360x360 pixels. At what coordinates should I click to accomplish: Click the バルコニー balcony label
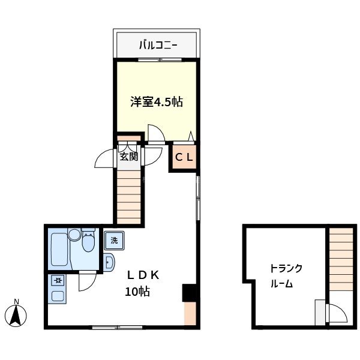(157, 44)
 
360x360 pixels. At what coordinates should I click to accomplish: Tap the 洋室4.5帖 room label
(157, 102)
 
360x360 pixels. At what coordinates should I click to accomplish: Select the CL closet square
(184, 158)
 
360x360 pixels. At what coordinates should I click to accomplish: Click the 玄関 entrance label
(128, 157)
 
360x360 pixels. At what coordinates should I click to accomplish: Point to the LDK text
(142, 275)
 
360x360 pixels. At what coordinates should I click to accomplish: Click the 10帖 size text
(137, 292)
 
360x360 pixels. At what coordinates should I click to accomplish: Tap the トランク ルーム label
(286, 276)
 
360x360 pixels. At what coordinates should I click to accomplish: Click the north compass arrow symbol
(17, 314)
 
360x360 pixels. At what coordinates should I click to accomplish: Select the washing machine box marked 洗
(114, 241)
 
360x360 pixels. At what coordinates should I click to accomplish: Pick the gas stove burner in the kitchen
(58, 280)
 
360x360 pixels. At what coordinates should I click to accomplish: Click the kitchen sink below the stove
(58, 295)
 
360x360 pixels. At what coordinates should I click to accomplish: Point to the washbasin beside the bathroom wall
(110, 262)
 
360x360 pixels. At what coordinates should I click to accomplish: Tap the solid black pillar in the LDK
(190, 292)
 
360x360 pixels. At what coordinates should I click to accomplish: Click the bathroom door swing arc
(87, 282)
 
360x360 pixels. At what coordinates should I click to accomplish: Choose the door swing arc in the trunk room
(335, 314)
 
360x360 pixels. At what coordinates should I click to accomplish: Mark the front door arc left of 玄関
(106, 158)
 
